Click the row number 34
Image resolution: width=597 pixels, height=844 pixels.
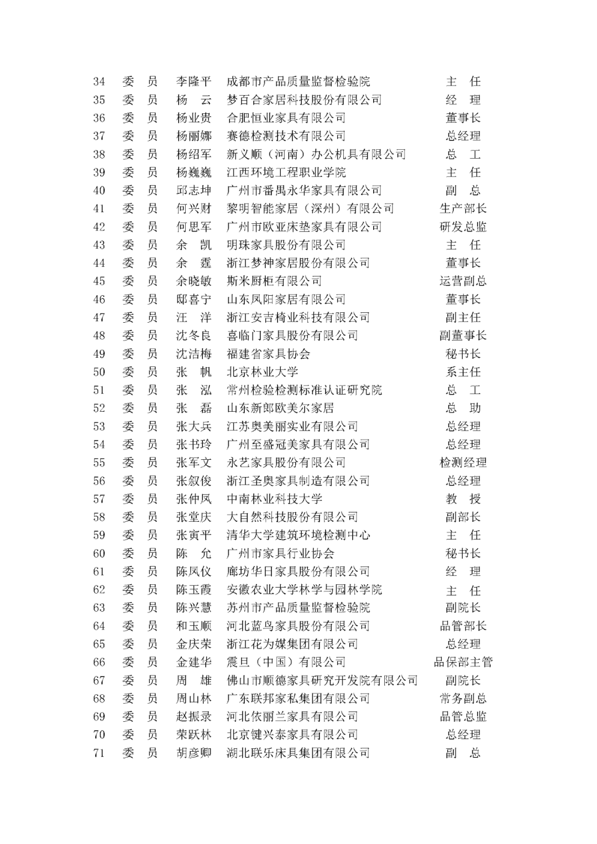coord(99,82)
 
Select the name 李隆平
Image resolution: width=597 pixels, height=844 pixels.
coord(193,82)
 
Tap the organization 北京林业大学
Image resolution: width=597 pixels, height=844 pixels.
coord(262,372)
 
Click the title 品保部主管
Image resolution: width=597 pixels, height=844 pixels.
coord(463,662)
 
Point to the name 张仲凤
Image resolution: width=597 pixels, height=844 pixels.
coord(193,499)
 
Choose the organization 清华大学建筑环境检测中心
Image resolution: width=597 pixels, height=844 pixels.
coord(298,535)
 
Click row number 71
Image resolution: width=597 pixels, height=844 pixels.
coord(99,753)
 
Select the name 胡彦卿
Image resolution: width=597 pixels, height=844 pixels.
coord(193,753)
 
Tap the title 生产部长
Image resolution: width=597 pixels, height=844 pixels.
coord(463,209)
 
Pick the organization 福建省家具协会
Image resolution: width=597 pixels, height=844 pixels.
coord(268,354)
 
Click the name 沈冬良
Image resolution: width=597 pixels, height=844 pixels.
coord(193,335)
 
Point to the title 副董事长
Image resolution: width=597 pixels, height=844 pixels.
coord(463,335)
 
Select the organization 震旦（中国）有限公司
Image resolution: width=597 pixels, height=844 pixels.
coord(286,662)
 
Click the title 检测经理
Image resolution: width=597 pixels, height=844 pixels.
coord(463,463)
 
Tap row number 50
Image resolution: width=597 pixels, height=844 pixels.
coord(99,372)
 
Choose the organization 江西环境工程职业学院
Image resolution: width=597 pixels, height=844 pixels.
coord(286,172)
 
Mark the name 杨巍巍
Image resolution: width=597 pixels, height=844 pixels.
coord(193,172)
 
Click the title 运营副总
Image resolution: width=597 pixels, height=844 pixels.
coord(463,281)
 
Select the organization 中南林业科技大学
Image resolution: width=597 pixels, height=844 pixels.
coord(274,499)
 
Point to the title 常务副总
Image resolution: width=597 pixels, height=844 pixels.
coord(463,699)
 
